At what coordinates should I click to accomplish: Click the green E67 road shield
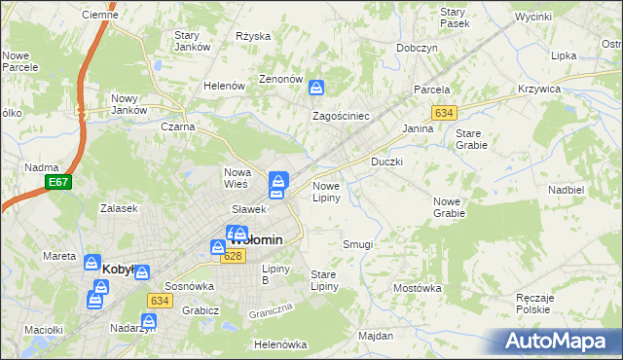[57, 182]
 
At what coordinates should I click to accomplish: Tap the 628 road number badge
[233, 256]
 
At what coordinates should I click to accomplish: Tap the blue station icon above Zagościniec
[316, 90]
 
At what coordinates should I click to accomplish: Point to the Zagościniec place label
[340, 116]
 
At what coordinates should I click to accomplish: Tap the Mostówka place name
[418, 288]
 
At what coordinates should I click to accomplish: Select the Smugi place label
[357, 244]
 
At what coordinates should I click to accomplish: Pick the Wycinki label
[533, 18]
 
